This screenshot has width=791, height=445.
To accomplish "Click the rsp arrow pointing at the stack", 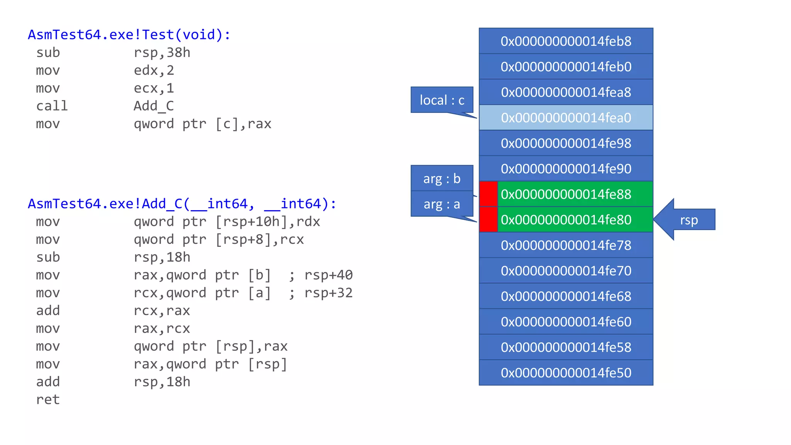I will [686, 220].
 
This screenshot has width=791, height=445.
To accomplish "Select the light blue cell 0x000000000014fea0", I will [566, 117].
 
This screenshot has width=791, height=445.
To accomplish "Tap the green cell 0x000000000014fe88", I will [575, 194].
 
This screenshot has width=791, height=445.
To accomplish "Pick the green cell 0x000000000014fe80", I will [575, 219].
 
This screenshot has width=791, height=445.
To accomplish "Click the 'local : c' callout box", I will [442, 100].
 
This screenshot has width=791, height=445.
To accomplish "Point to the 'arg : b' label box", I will [442, 178].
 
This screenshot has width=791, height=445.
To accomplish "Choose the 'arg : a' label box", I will [442, 204].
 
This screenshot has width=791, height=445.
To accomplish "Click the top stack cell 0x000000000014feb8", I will [566, 41].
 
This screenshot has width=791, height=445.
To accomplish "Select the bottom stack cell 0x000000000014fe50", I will [566, 373].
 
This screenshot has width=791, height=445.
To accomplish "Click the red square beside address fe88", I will [488, 194].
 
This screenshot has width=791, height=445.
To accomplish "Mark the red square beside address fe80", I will [488, 219].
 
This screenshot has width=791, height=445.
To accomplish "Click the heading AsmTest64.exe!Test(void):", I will [129, 35].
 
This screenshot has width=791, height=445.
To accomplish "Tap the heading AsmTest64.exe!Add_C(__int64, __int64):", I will [182, 204].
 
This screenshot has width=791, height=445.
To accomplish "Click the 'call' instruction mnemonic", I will [52, 106].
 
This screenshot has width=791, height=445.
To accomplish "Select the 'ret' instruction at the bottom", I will [48, 399].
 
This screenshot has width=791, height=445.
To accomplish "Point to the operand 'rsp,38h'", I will [162, 53].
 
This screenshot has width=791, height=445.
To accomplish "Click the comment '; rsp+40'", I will [321, 275].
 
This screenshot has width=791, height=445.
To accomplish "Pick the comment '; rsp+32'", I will [321, 293].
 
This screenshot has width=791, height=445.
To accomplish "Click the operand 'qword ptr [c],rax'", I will [202, 124].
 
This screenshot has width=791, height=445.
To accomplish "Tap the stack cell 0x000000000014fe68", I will [566, 296].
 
